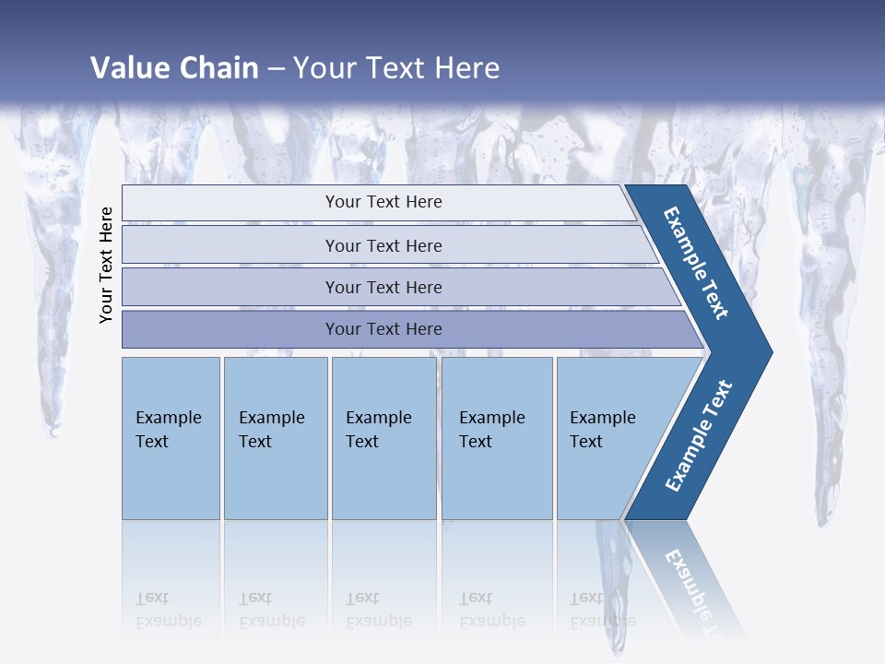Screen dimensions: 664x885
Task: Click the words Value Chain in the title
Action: pyautogui.click(x=174, y=68)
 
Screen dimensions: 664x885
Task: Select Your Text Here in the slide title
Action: pyautogui.click(x=396, y=68)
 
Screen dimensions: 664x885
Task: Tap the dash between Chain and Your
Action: pyautogui.click(x=276, y=69)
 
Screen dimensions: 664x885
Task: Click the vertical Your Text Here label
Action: pyautogui.click(x=107, y=265)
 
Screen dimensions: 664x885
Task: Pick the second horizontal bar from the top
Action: pyautogui.click(x=383, y=245)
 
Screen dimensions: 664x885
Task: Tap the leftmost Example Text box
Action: pyautogui.click(x=171, y=438)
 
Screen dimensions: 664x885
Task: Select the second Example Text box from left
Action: pyautogui.click(x=276, y=438)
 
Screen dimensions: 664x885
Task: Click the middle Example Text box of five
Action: pyautogui.click(x=383, y=438)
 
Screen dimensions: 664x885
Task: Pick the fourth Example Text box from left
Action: pyautogui.click(x=497, y=438)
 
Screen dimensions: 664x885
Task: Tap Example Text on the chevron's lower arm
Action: pyautogui.click(x=699, y=436)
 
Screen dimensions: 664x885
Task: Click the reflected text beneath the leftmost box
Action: pyautogui.click(x=168, y=609)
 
